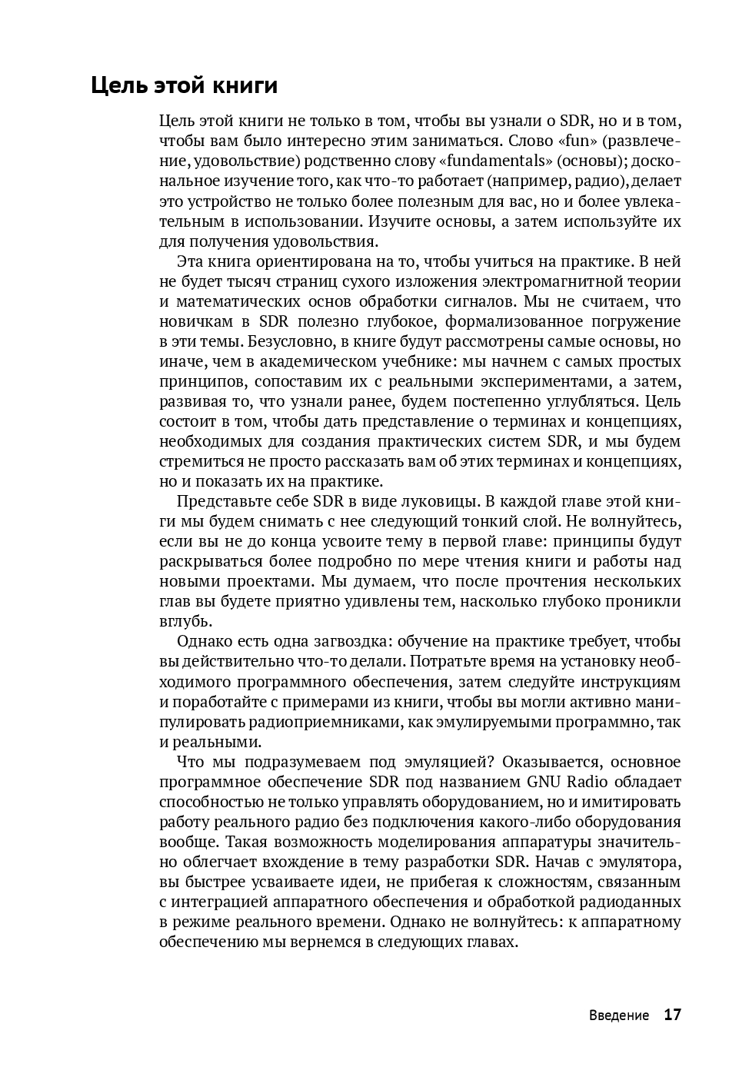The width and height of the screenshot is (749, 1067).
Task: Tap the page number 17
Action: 672,1015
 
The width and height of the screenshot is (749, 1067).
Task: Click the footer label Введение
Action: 619,1015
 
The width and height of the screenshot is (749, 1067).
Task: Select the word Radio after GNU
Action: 592,782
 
